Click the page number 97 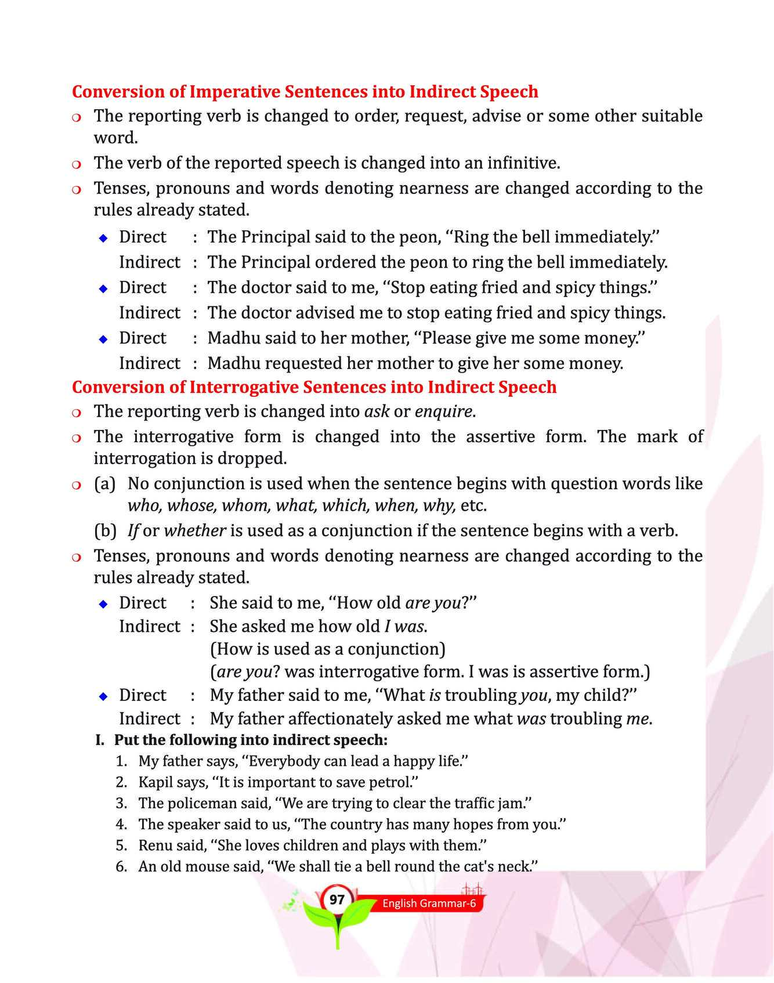click(x=337, y=900)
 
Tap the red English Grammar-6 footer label click(x=429, y=904)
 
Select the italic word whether click(x=195, y=530)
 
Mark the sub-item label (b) click(x=105, y=530)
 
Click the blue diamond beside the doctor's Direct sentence click(x=103, y=288)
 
